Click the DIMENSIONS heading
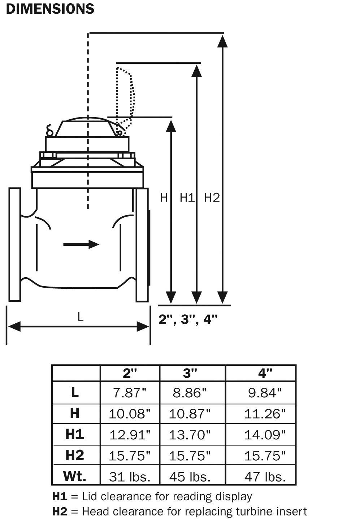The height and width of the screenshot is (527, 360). [x=50, y=9]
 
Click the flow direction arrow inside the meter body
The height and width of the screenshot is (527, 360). [x=81, y=244]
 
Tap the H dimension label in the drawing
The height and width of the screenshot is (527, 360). [x=164, y=198]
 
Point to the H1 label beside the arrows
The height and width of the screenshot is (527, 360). [x=187, y=198]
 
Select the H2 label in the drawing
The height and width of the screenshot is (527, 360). [x=212, y=198]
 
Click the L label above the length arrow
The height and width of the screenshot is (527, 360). [x=80, y=316]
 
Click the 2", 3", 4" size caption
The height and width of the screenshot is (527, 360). [x=188, y=319]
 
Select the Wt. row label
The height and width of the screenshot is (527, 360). [x=75, y=476]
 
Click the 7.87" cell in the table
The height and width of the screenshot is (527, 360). [x=129, y=393]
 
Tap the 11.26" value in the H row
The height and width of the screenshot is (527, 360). [x=265, y=414]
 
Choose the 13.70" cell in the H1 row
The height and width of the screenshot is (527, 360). [x=190, y=435]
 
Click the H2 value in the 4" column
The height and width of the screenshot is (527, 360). [x=265, y=456]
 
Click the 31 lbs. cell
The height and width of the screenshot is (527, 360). [x=129, y=477]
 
